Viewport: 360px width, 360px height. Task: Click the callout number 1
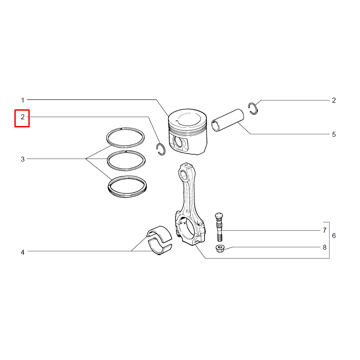(22, 100)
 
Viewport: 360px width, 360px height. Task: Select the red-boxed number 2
(22, 117)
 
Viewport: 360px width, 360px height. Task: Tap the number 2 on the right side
(334, 100)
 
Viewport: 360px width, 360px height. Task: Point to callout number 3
(22, 159)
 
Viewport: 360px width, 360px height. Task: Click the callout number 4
(22, 252)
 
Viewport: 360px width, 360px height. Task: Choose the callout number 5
(334, 135)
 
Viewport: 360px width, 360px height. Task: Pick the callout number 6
(334, 235)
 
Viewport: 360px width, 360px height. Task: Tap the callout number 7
(324, 230)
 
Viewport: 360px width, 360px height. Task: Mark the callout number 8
(324, 247)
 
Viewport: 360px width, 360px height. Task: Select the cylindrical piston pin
(227, 120)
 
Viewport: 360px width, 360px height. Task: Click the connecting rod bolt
(219, 227)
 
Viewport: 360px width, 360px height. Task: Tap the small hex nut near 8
(220, 248)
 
